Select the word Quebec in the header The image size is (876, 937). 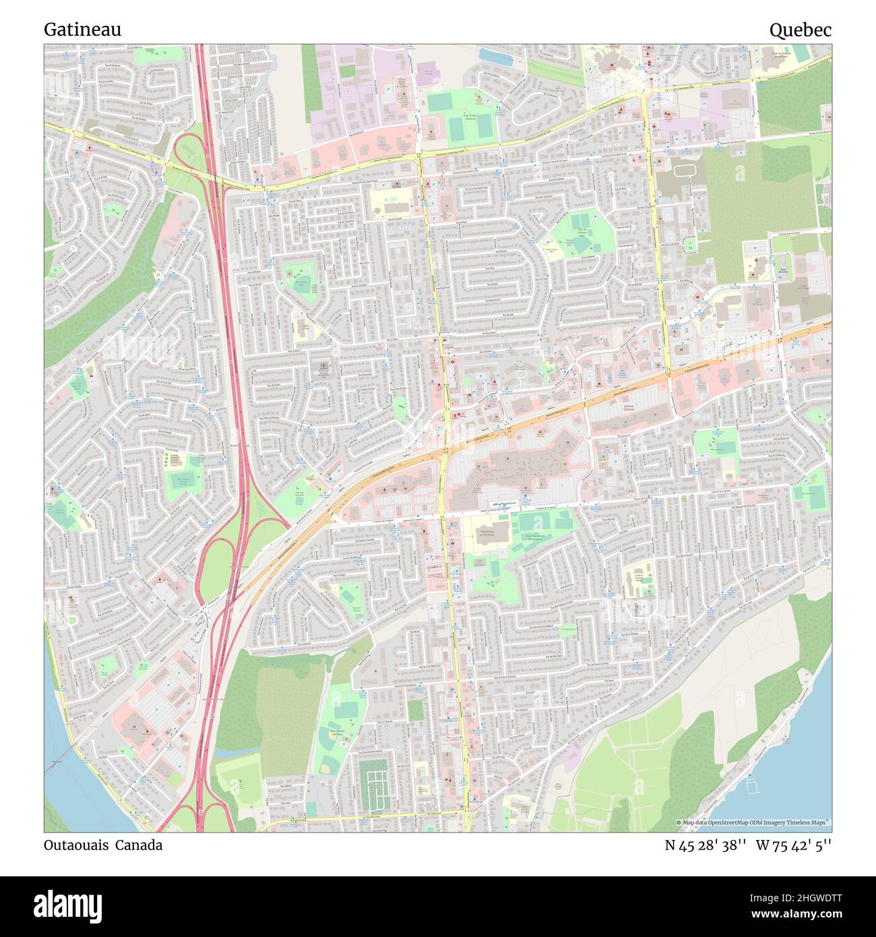coord(800,30)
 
